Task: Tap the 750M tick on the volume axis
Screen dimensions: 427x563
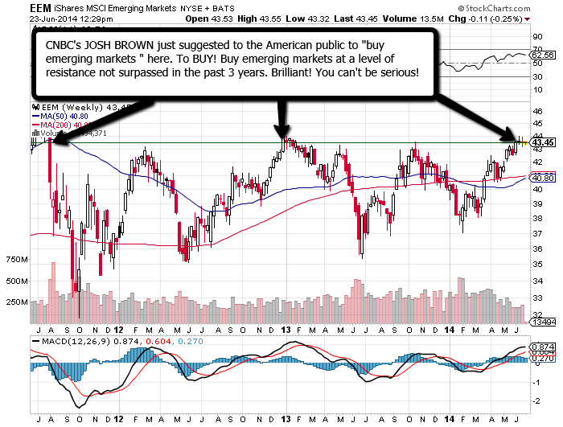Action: pos(16,260)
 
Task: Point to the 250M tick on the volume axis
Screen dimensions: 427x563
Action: pos(16,302)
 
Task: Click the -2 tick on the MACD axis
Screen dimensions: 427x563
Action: pos(536,399)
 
